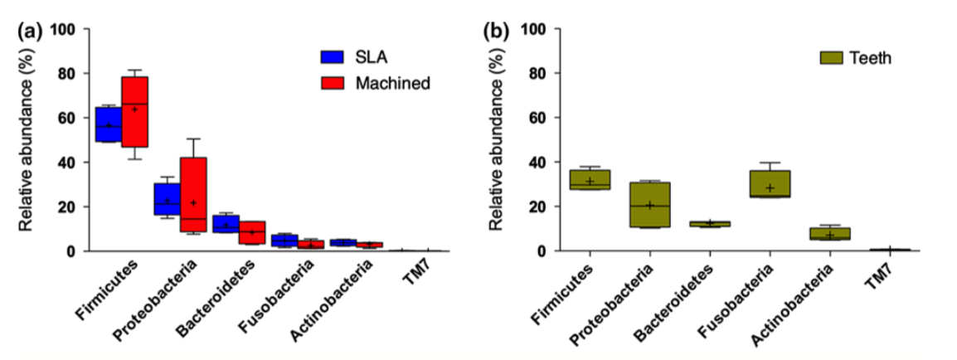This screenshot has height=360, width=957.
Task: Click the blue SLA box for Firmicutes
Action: tap(109, 124)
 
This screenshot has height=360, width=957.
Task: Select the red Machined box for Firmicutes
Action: tap(135, 112)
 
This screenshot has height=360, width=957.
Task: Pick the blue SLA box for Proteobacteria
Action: tap(167, 199)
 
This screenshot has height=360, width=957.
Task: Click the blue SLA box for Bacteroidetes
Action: tap(226, 224)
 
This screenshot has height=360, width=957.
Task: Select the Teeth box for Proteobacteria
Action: tap(649, 205)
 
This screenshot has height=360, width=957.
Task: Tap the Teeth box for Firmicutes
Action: tap(590, 179)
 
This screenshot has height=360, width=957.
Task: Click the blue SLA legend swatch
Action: tap(331, 56)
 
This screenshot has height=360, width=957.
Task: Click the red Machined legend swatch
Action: tap(331, 83)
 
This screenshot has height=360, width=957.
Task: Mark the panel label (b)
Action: tap(496, 31)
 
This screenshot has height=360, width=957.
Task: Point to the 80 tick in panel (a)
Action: tap(66, 73)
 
